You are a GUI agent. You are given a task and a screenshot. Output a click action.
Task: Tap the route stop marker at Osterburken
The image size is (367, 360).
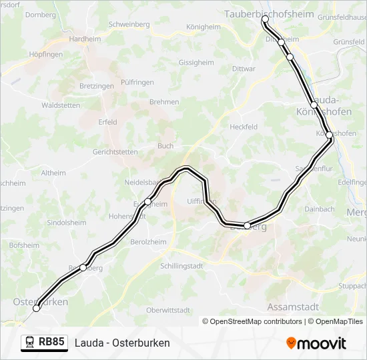37,308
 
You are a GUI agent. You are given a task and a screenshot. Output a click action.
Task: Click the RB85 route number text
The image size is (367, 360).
51,343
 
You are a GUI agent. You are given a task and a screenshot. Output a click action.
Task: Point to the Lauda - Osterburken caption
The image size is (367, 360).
122,343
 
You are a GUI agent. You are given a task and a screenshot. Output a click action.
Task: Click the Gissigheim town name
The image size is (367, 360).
196,63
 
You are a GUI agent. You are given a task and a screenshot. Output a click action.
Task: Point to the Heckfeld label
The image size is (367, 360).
243,127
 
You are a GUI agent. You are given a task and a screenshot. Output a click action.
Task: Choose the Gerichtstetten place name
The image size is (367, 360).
115,152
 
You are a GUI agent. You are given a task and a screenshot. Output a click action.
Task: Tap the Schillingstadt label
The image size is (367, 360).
181,265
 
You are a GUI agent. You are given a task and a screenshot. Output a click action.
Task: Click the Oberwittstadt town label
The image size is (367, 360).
168,310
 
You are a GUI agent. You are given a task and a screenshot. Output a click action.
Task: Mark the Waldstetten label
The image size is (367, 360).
61,105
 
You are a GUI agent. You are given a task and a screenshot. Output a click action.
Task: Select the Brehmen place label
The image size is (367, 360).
164,102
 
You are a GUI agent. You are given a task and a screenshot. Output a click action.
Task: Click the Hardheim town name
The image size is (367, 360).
85,39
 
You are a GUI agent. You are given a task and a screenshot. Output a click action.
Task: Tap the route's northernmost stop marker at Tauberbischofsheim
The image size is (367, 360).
265,19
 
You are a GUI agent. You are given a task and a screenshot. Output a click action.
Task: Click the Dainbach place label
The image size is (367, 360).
319,209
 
